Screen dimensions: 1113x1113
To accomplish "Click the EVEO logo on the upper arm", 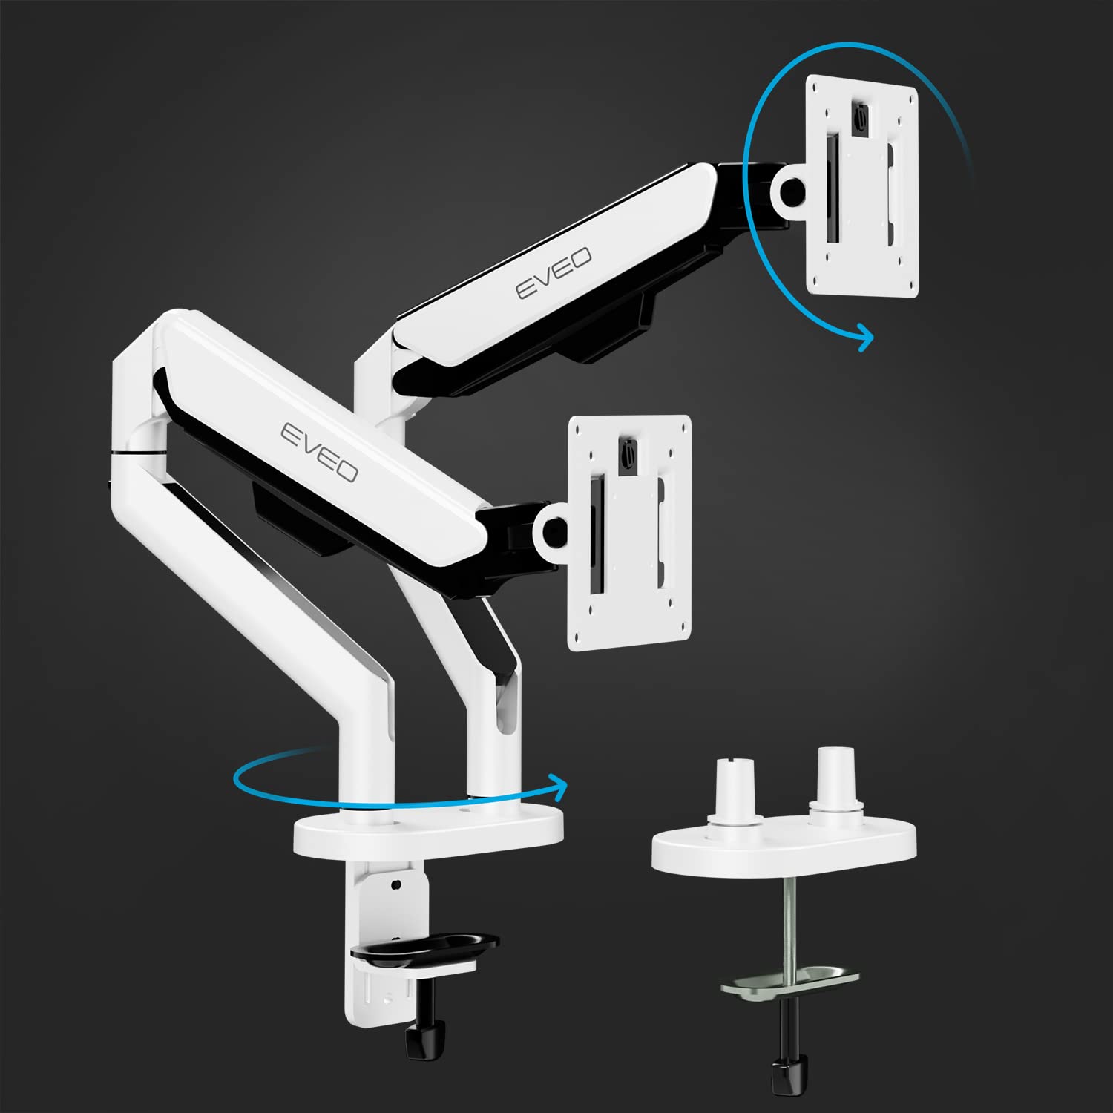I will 554,273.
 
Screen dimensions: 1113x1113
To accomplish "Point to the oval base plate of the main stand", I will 428,835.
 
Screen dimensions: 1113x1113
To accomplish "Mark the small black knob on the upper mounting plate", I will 859,117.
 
